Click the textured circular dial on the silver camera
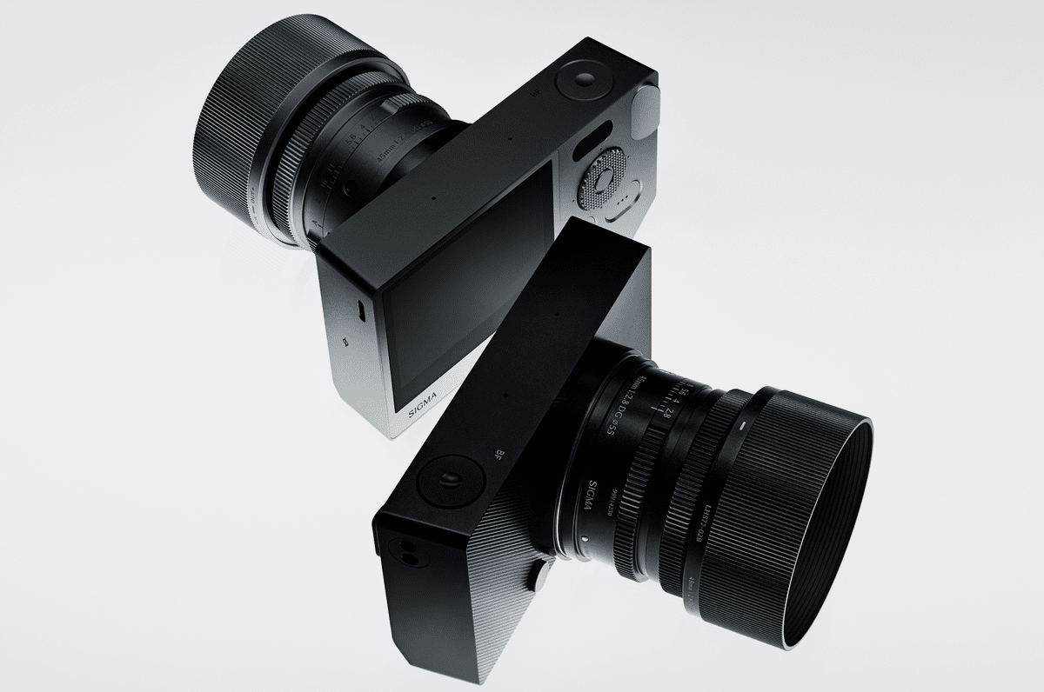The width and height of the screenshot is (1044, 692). click(x=602, y=181)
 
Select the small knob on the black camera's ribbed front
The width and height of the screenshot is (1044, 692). click(x=539, y=572)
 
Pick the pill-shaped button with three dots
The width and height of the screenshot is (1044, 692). click(x=620, y=206)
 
